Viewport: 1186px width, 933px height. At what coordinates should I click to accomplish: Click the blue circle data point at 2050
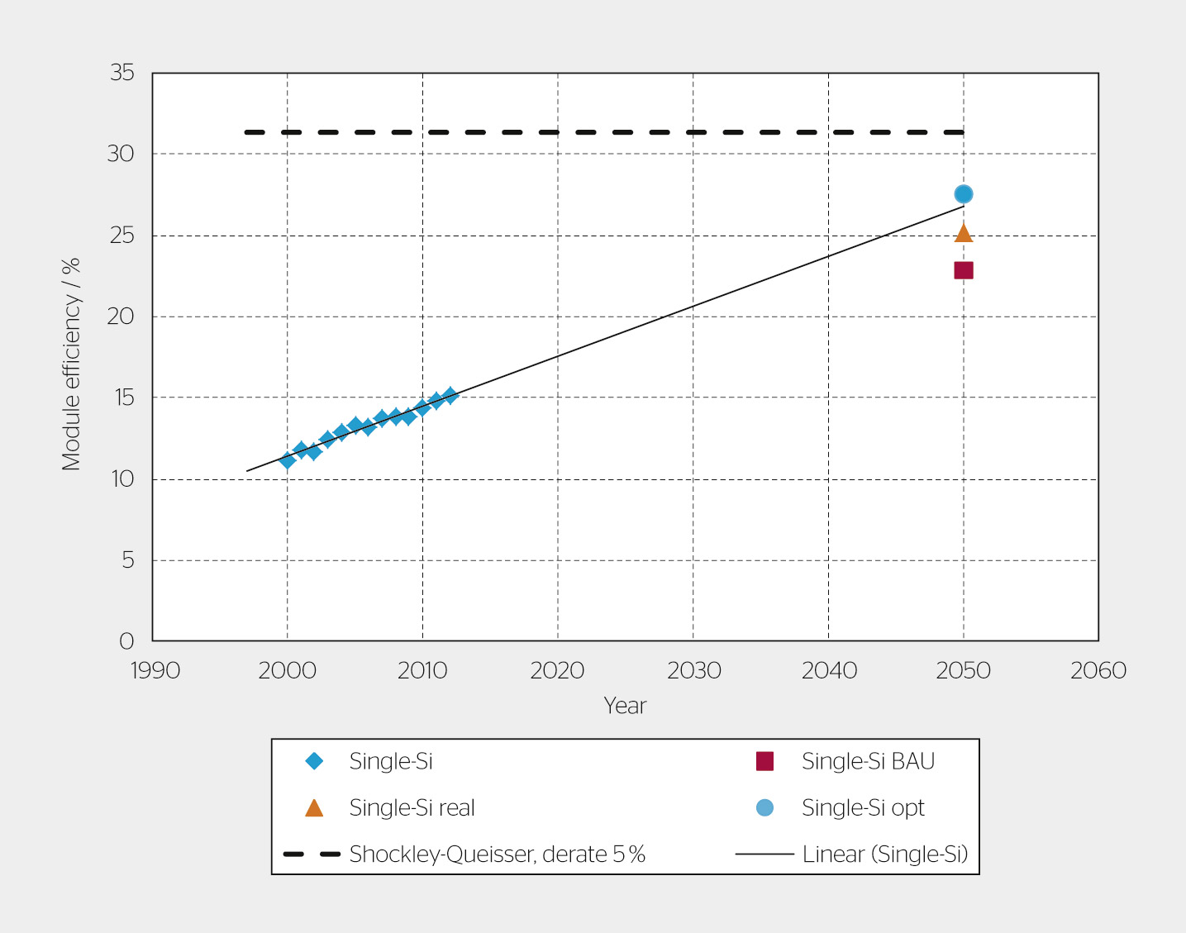[963, 194]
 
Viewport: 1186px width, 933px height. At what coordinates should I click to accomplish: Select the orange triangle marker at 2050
[963, 234]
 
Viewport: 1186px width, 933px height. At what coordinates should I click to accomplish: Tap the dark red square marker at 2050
[963, 270]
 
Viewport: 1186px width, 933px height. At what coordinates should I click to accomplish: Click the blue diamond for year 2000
[288, 460]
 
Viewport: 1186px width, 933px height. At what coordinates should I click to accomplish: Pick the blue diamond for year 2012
[450, 396]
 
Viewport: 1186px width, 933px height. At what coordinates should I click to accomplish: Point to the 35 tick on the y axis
[122, 73]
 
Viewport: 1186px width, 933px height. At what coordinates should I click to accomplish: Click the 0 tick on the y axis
[126, 640]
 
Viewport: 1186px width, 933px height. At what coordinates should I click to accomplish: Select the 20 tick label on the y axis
[121, 316]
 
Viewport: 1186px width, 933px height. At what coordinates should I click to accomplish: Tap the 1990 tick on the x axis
[155, 670]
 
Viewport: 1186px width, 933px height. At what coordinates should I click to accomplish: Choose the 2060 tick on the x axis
[1098, 670]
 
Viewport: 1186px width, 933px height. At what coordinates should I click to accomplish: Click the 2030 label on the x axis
[693, 670]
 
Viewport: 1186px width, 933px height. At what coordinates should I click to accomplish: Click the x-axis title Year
[625, 706]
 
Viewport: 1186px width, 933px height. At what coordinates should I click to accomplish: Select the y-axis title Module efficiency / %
[71, 364]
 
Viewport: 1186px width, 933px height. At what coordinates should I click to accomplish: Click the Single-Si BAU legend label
[868, 761]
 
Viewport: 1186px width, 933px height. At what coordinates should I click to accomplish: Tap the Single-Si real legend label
[412, 807]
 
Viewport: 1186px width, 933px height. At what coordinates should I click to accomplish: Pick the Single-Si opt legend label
[863, 807]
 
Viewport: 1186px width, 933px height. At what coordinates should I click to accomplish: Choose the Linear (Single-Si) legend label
[884, 854]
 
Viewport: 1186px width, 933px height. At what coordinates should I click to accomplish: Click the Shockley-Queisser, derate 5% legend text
[497, 854]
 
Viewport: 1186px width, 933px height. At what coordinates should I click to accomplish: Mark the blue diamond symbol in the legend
[314, 761]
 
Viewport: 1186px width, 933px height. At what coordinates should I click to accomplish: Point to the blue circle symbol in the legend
[764, 807]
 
